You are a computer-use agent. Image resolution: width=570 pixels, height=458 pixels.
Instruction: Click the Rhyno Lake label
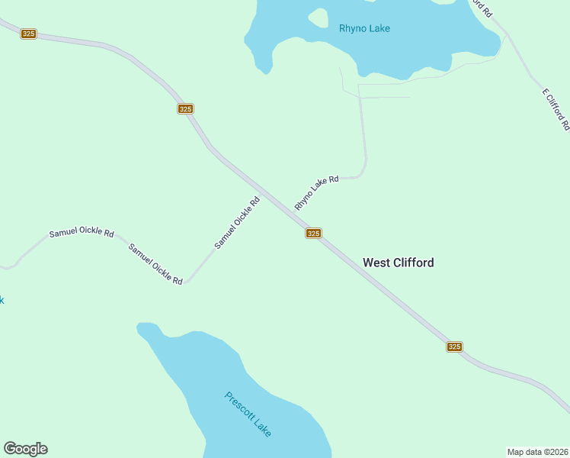coord(364,29)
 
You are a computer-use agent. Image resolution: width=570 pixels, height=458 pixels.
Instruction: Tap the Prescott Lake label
coord(248,414)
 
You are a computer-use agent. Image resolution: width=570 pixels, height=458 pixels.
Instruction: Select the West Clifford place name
coord(398,263)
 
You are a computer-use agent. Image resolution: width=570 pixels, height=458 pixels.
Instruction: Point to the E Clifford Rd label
coord(556,108)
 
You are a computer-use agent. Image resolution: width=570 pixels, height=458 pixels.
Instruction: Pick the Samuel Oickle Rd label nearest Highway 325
coord(237,222)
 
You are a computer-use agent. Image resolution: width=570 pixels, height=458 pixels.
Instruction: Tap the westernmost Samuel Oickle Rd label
coord(82,233)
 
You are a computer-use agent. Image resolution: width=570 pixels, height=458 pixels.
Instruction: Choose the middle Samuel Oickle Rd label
coord(155,264)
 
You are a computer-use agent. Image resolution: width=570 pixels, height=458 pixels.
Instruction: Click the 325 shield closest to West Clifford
coord(313,233)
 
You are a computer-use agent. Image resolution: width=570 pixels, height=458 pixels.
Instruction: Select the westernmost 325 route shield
coord(28,34)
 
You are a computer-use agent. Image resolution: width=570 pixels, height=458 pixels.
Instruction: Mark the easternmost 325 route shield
coord(454,347)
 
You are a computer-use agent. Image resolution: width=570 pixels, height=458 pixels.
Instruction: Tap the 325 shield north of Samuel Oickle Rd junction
coord(185,109)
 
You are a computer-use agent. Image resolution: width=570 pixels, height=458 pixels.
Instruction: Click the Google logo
coord(25,449)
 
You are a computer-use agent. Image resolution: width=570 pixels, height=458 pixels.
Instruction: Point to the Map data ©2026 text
coord(537,451)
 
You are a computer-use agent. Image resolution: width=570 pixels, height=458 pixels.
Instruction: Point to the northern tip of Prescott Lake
coord(142,327)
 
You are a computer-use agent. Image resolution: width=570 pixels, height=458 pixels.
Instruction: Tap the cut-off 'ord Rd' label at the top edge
coord(482,8)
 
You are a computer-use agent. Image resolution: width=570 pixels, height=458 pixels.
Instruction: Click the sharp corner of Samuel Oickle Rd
coord(186,282)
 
